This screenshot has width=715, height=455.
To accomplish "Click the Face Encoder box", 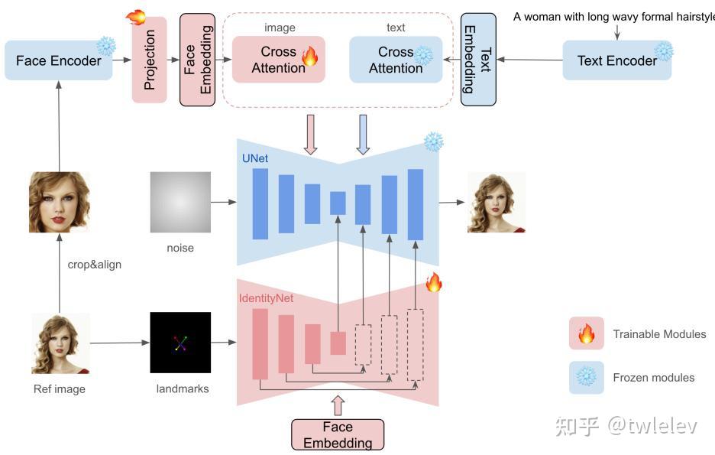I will (x=58, y=60).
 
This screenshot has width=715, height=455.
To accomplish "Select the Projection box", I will (x=149, y=60).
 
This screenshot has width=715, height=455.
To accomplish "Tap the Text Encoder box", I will (x=616, y=60).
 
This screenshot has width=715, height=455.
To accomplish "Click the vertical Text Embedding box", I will (x=478, y=60).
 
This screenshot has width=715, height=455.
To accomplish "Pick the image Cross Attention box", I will (x=278, y=60).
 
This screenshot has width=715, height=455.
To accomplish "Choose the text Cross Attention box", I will (x=395, y=60).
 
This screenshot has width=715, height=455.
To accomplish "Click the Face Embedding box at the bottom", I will (x=338, y=434).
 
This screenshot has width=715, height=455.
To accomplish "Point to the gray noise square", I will (x=180, y=202).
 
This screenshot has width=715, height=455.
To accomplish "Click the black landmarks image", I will (x=180, y=342).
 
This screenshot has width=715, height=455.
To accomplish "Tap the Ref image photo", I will (x=60, y=343).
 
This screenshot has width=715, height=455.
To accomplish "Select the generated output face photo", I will (x=497, y=202).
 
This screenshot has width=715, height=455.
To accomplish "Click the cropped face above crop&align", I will (x=60, y=202).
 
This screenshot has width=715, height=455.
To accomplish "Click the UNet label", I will (x=254, y=158).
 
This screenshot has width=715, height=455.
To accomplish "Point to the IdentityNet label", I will (x=266, y=297).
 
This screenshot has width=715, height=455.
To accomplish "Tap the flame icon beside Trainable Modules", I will (x=587, y=334).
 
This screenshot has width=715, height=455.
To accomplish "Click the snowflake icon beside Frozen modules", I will (x=587, y=378).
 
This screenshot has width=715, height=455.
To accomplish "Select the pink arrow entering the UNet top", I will (x=310, y=134).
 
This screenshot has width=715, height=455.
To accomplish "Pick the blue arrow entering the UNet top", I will (x=363, y=134).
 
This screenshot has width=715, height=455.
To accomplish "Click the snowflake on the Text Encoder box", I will (x=664, y=51).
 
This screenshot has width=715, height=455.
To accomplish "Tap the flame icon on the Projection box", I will (x=136, y=17).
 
